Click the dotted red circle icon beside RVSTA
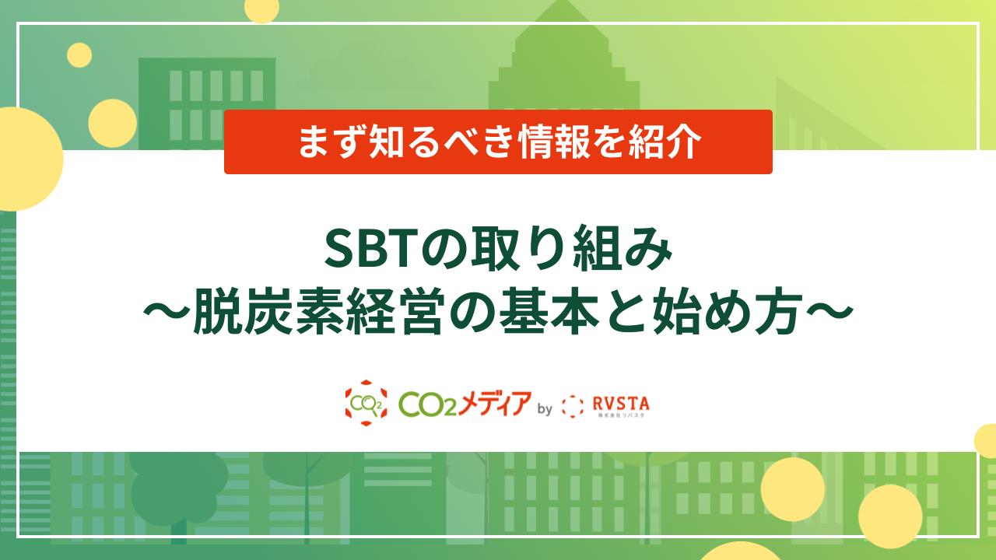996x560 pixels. pyautogui.click(x=572, y=406)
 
